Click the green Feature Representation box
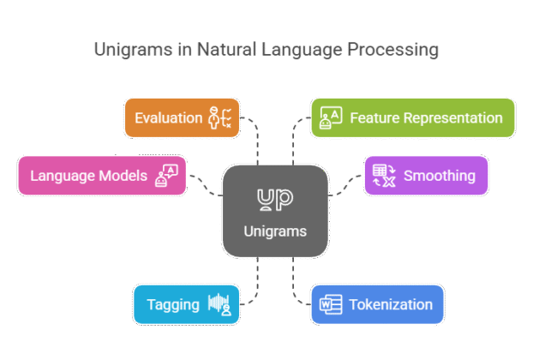point(412,117)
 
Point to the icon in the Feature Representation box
point(331,118)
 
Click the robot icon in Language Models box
point(165,176)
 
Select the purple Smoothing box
point(426,176)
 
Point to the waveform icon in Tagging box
point(221,305)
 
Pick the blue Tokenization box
point(377,304)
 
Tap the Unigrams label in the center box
point(275,231)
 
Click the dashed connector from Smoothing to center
point(346,186)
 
